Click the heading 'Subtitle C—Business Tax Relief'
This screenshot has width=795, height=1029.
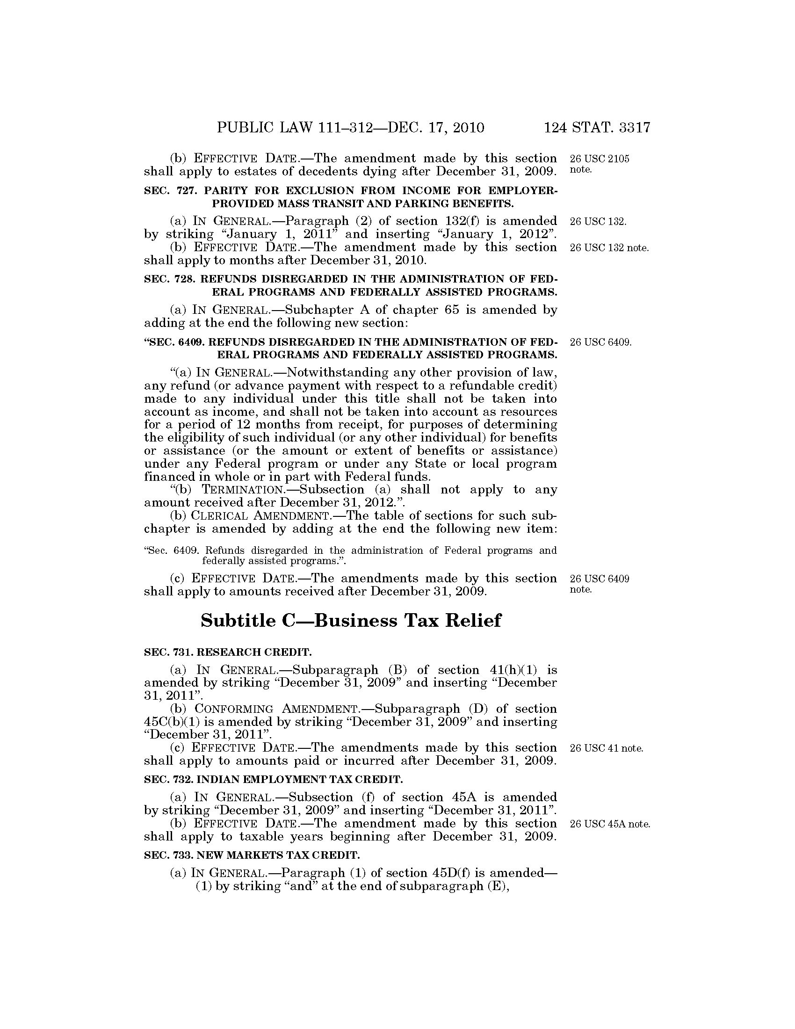(351, 621)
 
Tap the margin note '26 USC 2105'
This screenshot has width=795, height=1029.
(599, 159)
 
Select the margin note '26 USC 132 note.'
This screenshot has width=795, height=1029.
(609, 248)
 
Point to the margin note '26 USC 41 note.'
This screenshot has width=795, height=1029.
(606, 748)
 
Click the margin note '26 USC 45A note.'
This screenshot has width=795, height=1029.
(609, 824)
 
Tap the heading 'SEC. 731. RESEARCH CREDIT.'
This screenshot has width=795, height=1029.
(227, 652)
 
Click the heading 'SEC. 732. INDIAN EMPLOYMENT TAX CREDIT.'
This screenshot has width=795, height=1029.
(273, 780)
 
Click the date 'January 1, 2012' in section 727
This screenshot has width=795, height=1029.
(518, 234)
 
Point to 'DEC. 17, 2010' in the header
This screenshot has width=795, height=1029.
(435, 128)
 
